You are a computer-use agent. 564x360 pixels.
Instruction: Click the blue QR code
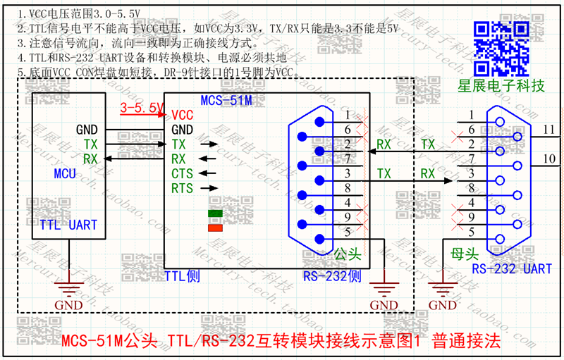pyautogui.click(x=501, y=48)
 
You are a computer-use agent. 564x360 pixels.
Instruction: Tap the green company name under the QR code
pyautogui.click(x=501, y=86)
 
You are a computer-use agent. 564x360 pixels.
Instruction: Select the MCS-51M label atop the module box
pyautogui.click(x=226, y=101)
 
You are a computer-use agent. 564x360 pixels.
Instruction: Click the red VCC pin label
pyautogui.click(x=182, y=115)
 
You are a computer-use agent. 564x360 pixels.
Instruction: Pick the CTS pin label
pyautogui.click(x=182, y=173)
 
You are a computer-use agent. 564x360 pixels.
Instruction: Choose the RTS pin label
pyautogui.click(x=182, y=188)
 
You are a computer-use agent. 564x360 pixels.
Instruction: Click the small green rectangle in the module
pyautogui.click(x=215, y=213)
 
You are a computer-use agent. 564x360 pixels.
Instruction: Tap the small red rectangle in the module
pyautogui.click(x=215, y=227)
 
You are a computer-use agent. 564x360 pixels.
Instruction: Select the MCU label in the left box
pyautogui.click(x=65, y=173)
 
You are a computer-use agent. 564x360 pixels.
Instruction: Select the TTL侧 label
pyautogui.click(x=182, y=276)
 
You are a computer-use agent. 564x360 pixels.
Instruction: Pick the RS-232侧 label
pyautogui.click(x=331, y=276)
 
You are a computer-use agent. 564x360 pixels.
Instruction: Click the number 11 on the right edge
pyautogui.click(x=549, y=129)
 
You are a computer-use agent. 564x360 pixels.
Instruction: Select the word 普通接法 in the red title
pyautogui.click(x=466, y=342)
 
